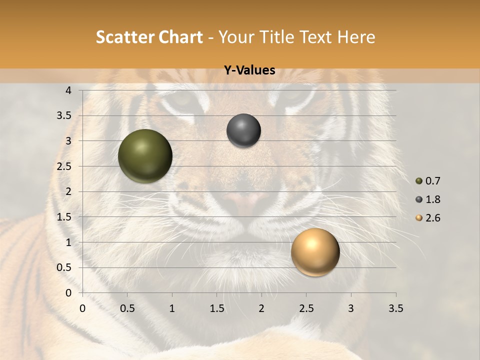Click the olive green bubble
click(x=145, y=156)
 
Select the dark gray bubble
click(x=243, y=130)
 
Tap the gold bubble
click(x=315, y=252)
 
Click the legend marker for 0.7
click(x=419, y=181)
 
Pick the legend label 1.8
click(x=432, y=199)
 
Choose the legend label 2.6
click(x=432, y=218)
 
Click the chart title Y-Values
click(x=249, y=70)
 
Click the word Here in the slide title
click(x=356, y=37)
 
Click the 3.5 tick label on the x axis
click(x=395, y=308)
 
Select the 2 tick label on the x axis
click(x=261, y=308)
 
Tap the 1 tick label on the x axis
click(x=172, y=308)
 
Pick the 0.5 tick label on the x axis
click(x=127, y=308)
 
